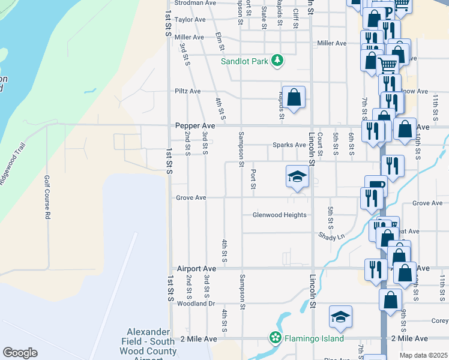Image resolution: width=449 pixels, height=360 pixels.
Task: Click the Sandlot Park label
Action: [245, 61]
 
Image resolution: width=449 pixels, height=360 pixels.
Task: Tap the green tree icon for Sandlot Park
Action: [277, 60]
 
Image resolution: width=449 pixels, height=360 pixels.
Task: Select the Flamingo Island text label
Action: [314, 338]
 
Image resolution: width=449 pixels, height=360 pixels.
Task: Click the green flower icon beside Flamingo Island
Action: [276, 338]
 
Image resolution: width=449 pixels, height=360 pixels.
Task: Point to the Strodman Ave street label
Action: [195, 3]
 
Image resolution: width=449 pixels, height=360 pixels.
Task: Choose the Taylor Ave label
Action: [190, 20]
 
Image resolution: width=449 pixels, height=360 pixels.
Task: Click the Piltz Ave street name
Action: [187, 91]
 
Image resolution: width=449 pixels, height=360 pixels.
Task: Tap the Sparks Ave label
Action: [289, 145]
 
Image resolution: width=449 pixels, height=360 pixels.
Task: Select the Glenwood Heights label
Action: [279, 215]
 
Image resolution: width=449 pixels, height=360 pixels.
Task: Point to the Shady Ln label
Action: [332, 237]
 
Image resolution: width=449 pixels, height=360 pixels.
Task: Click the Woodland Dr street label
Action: [195, 304]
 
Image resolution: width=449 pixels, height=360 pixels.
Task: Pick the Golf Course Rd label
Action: [46, 197]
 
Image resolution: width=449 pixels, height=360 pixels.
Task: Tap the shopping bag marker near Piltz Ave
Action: [294, 97]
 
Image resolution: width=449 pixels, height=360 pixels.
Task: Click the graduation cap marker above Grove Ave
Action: [297, 176]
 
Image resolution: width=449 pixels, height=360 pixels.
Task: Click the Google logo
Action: [20, 353]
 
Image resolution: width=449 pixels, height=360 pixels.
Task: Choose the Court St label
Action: [320, 145]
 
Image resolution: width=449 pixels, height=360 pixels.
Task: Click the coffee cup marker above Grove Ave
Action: [376, 185]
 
